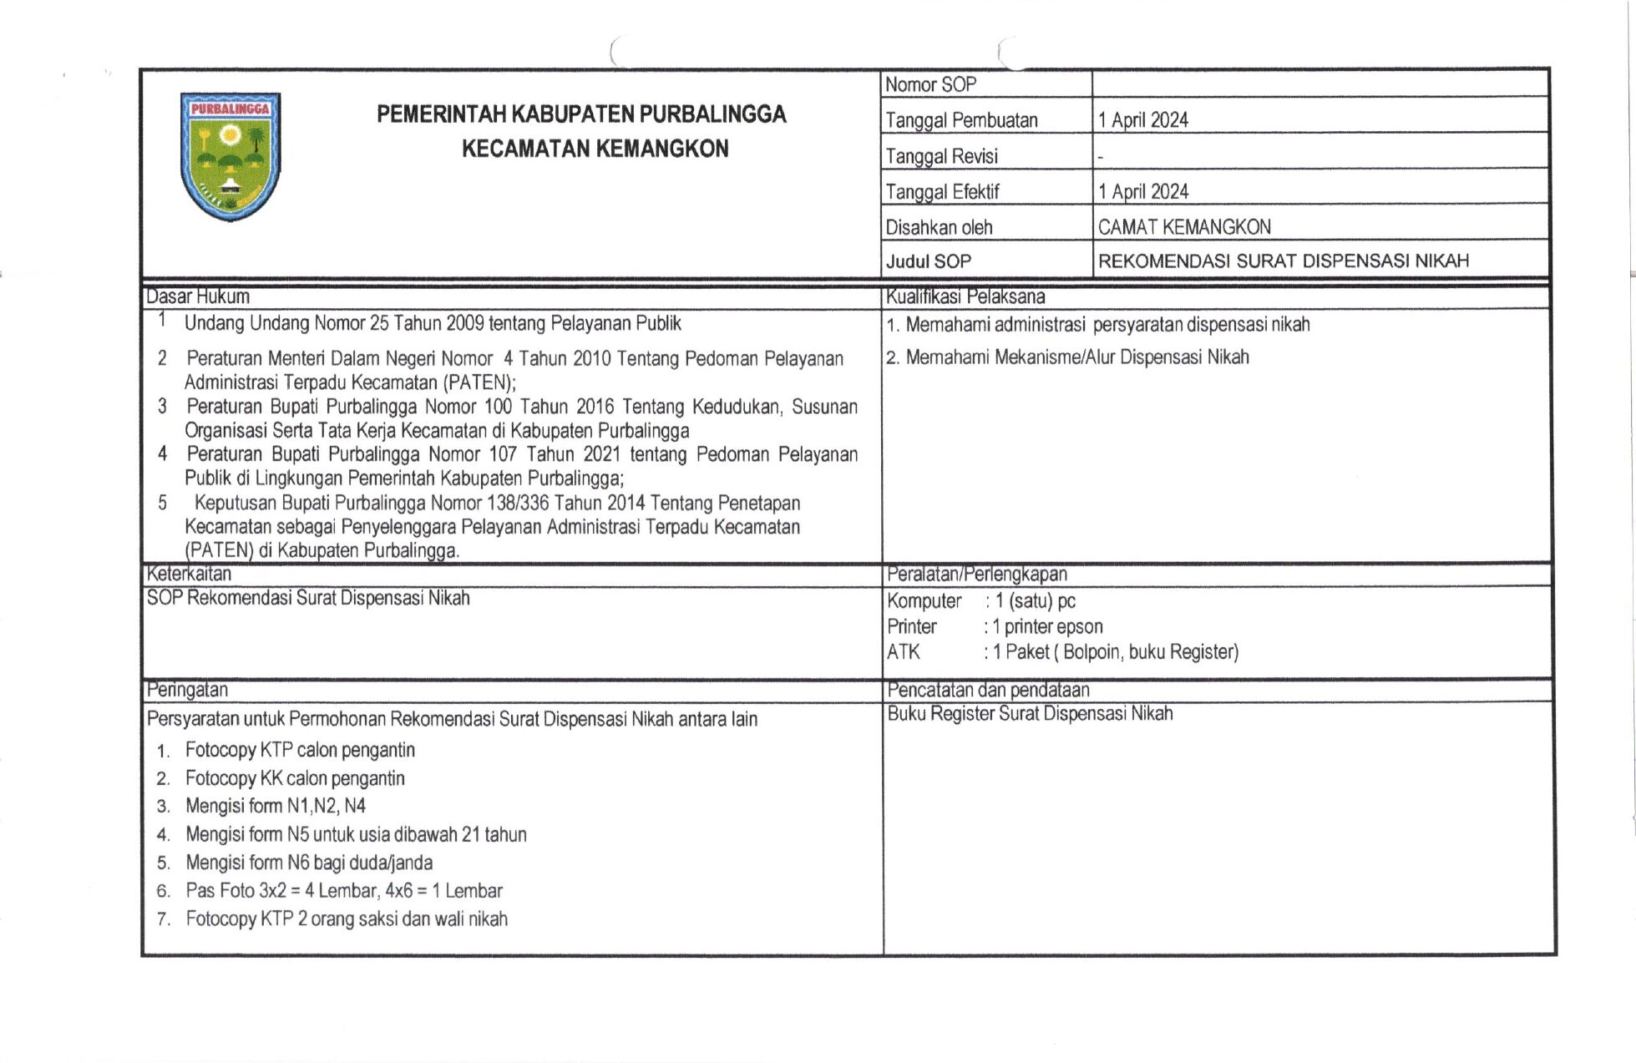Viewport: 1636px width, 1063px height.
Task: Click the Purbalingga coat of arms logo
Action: pos(230,156)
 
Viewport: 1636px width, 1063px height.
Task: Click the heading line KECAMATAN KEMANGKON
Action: pos(595,149)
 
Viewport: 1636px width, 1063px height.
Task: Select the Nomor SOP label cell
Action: pos(930,84)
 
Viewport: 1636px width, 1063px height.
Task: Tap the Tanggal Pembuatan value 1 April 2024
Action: pos(1142,120)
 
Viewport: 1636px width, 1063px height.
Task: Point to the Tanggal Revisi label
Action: pos(941,156)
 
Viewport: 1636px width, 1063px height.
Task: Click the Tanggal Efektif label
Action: pos(942,192)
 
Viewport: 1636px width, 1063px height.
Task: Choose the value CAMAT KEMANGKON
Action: pos(1184,227)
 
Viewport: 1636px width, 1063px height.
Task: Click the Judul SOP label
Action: pos(929,261)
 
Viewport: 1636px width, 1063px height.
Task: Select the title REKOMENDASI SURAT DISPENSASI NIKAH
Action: pos(1283,261)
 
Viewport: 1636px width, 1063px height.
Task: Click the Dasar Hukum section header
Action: pos(198,296)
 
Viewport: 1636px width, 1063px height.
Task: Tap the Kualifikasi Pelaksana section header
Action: pos(965,296)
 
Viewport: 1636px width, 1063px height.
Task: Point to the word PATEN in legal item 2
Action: pos(477,382)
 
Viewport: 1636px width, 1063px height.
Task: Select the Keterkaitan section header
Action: pos(189,574)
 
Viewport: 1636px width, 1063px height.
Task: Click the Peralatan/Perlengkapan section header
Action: pos(977,574)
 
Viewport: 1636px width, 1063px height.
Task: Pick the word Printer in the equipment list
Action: pos(912,626)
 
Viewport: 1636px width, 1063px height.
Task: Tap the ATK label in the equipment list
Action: pos(904,651)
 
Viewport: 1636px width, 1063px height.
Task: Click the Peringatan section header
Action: pos(187,690)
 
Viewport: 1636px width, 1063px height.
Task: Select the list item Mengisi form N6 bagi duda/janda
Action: pos(309,862)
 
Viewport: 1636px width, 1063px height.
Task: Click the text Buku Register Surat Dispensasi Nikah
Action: pos(1030,713)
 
